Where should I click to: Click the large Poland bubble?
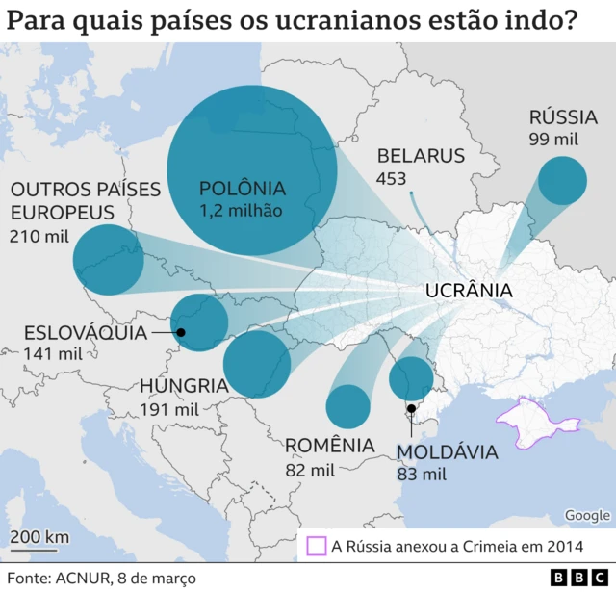click(x=252, y=169)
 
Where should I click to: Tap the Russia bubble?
click(x=562, y=180)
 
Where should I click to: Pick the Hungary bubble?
click(x=257, y=364)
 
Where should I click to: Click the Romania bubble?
click(x=347, y=406)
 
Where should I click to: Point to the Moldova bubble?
click(x=411, y=379)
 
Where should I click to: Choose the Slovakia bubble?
click(x=199, y=323)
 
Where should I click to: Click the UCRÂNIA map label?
click(x=468, y=291)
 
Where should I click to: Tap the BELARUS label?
click(x=421, y=156)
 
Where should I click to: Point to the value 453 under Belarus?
click(x=391, y=179)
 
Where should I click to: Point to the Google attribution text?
click(x=587, y=516)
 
